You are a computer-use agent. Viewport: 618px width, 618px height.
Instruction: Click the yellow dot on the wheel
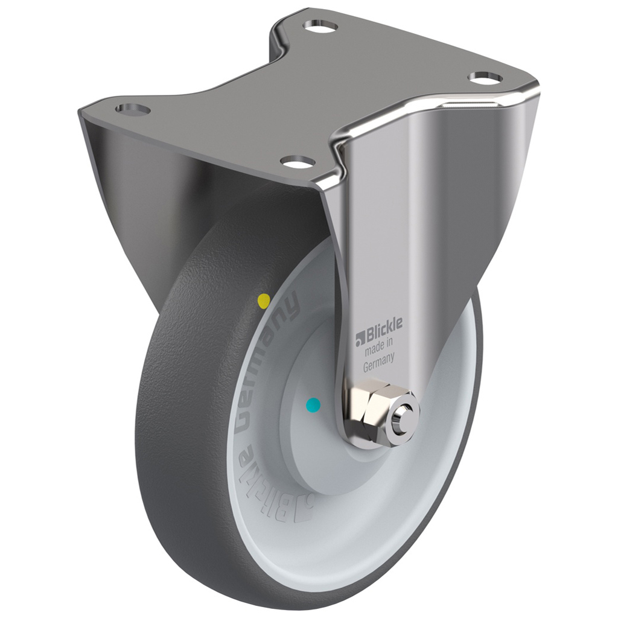pyautogui.click(x=264, y=301)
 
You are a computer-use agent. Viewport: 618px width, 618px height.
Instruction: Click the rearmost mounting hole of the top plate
pyautogui.click(x=320, y=27)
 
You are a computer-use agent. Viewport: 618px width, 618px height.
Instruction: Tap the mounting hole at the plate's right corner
pyautogui.click(x=485, y=78)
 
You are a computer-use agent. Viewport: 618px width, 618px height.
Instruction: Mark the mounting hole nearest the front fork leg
pyautogui.click(x=298, y=161)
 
